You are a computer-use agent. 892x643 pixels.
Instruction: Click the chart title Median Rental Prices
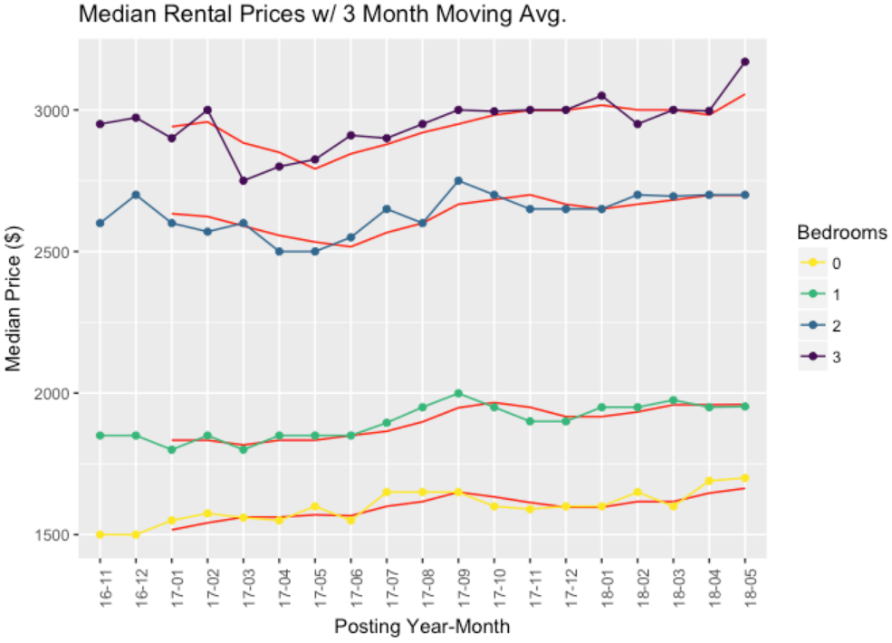tap(321, 15)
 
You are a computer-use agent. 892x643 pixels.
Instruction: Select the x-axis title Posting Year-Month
tap(422, 626)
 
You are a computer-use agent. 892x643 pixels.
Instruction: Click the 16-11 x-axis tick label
tap(101, 584)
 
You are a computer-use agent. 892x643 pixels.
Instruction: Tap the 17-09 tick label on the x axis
tap(458, 584)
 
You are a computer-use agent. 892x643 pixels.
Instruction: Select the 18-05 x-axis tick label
tap(744, 584)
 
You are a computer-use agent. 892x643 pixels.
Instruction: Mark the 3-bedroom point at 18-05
tap(744, 62)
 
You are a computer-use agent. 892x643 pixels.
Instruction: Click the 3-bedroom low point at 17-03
tap(244, 181)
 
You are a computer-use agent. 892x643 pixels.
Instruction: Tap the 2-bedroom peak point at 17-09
tap(458, 181)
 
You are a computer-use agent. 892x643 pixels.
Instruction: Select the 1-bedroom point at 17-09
tap(458, 393)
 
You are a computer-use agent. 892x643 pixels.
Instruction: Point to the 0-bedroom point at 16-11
tap(101, 534)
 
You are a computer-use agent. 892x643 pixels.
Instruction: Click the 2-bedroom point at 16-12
tap(136, 195)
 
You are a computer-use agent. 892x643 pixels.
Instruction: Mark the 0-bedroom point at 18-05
tap(744, 478)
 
